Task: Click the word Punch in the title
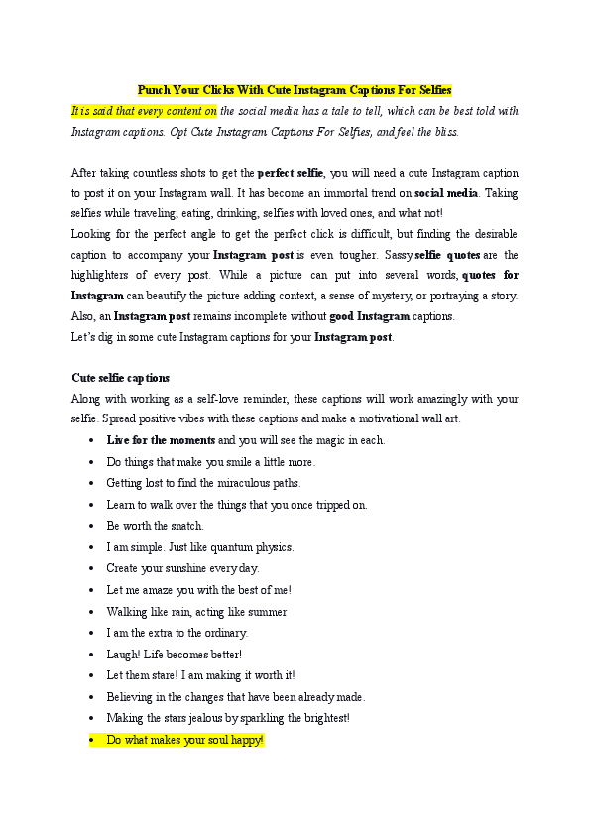(154, 89)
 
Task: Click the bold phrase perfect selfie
(289, 175)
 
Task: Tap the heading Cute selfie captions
(120, 378)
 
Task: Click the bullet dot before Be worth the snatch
(92, 526)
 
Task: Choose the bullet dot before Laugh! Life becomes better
(92, 655)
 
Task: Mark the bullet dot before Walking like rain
(92, 612)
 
